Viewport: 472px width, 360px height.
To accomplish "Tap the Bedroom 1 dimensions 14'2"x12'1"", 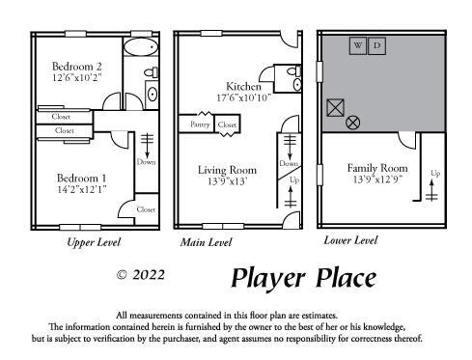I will pos(80,189).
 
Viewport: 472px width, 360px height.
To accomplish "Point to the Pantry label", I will pos(200,125).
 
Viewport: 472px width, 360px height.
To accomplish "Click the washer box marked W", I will pos(357,45).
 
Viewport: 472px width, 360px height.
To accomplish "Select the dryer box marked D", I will pos(377,45).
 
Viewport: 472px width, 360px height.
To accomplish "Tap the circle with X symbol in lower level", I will pos(353,123).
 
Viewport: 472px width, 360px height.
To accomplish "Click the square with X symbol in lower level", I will pos(335,107).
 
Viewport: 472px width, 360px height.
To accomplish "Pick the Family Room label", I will pos(377,168).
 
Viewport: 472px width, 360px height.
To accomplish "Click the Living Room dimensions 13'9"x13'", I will pos(228,180).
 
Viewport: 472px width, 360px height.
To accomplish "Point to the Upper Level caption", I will pos(94,242).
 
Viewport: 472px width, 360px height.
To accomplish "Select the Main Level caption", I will pos(206,242).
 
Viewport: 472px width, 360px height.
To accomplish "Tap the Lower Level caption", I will pos(350,239).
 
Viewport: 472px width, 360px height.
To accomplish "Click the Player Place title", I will pos(302,279).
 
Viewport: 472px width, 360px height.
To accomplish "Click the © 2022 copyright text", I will pos(140,275).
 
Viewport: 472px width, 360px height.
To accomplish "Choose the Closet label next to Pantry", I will pos(228,125).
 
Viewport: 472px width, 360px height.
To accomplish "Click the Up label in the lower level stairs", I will pos(435,174).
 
